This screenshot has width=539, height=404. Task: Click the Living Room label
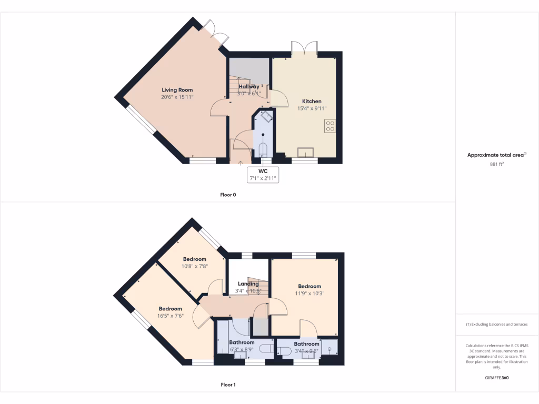(x=177, y=90)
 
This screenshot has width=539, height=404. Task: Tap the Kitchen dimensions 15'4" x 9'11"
(x=312, y=108)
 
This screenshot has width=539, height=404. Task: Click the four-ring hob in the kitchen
(x=331, y=126)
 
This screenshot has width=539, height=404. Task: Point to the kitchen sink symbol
(x=305, y=152)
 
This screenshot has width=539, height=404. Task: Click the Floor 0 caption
(x=228, y=195)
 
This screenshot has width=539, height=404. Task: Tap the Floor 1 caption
(x=228, y=385)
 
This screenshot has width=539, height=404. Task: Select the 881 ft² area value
(x=497, y=164)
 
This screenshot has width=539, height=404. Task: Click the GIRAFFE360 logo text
(x=497, y=378)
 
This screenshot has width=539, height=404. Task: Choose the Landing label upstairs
(x=248, y=284)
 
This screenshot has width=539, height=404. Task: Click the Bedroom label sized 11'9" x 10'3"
(x=310, y=286)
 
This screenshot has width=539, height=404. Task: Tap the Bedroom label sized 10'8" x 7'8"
(x=195, y=259)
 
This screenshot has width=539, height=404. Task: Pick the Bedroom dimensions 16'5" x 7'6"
(x=170, y=316)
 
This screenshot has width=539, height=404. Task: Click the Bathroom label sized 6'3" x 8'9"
(x=242, y=342)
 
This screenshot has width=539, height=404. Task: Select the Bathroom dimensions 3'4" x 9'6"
(x=306, y=351)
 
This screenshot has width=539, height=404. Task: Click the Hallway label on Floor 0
(x=248, y=86)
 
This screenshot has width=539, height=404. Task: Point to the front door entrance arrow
(x=241, y=163)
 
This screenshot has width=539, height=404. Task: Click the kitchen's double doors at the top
(x=304, y=47)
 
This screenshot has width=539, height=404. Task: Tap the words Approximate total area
(x=495, y=155)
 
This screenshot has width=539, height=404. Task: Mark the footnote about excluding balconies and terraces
(x=497, y=325)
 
